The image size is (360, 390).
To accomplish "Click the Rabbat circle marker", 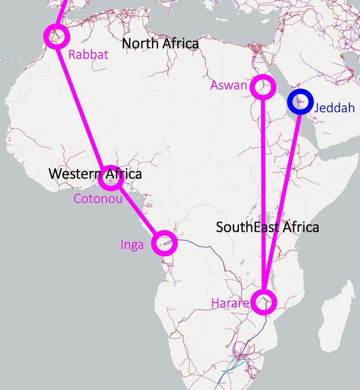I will (x=57, y=37).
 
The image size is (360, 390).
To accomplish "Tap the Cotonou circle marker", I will (x=111, y=179).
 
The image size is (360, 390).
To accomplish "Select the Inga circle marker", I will (x=165, y=243).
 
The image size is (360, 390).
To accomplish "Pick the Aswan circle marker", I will (x=263, y=87).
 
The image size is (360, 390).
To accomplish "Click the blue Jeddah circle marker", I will (x=299, y=102).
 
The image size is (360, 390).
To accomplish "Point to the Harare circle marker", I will (x=263, y=302).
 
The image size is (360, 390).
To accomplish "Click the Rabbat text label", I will (x=88, y=54).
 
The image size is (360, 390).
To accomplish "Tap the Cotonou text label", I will (x=98, y=198).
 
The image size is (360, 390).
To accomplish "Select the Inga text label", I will (x=132, y=244).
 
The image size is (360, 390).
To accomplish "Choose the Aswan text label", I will (x=229, y=85).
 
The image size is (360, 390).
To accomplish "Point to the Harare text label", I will (x=230, y=304).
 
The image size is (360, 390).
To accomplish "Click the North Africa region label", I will (x=160, y=43).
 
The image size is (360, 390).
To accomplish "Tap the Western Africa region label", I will (x=95, y=173).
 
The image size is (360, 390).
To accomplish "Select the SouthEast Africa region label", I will (x=267, y=228).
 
